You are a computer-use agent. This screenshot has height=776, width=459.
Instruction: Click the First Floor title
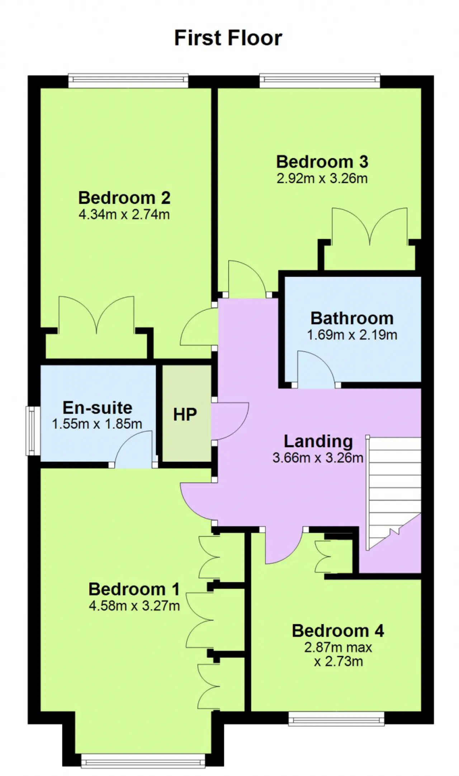click(x=228, y=38)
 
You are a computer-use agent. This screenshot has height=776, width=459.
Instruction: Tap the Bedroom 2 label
click(x=124, y=198)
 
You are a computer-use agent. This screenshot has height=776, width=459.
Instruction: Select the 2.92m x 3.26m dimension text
click(x=322, y=178)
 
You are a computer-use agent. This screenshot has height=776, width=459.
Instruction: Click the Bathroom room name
click(x=352, y=318)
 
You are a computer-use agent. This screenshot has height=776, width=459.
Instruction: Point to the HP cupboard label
click(x=185, y=414)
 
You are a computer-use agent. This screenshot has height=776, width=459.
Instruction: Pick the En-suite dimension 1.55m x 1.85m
click(x=97, y=424)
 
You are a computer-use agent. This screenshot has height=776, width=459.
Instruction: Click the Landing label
click(x=318, y=442)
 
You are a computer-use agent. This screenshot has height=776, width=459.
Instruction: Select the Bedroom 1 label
click(x=134, y=589)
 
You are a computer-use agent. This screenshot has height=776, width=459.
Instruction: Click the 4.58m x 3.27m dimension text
click(x=134, y=606)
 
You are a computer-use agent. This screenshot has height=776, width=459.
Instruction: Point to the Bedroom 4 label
click(x=338, y=631)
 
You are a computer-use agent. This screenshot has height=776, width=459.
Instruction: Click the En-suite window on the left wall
click(x=33, y=431)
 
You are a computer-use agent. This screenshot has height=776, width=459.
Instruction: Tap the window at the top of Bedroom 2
click(x=128, y=81)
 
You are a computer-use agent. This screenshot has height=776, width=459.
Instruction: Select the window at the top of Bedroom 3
click(x=320, y=81)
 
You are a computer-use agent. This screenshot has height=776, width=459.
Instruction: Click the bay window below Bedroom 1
click(x=143, y=761)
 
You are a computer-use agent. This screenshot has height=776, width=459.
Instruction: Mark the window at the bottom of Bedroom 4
click(x=336, y=719)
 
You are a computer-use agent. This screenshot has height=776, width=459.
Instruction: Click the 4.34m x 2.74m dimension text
click(x=124, y=215)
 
